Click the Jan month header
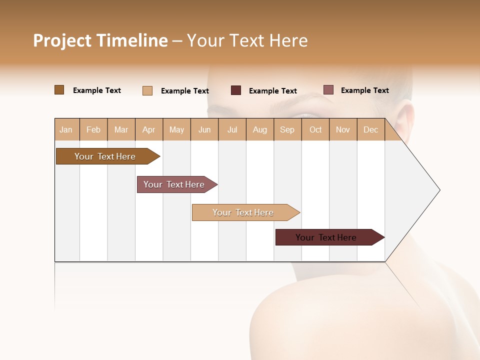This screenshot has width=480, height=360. click(66, 129)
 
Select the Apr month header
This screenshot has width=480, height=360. click(149, 129)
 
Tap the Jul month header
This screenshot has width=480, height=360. click(232, 129)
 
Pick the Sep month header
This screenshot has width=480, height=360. click(287, 129)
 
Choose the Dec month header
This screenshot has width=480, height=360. click(370, 129)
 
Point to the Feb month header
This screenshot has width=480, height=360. click(93, 129)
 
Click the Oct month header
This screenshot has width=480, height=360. click(315, 129)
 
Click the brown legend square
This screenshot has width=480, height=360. click(59, 90)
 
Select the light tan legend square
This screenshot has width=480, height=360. click(147, 90)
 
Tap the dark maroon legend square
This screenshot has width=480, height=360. click(236, 90)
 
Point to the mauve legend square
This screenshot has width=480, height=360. click(328, 90)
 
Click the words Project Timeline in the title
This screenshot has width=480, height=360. click(100, 40)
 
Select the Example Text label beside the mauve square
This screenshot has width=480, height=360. click(364, 90)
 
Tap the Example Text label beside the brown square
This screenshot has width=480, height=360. click(97, 90)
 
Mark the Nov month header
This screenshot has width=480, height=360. click(343, 129)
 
